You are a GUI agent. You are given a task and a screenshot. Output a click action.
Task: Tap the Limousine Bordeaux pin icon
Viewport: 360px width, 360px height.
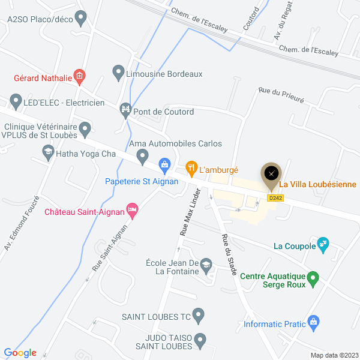(x=118, y=73)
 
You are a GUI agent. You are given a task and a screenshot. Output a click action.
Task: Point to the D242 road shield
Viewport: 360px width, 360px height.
(x=275, y=197)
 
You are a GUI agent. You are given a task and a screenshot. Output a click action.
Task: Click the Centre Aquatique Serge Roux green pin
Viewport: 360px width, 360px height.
(x=313, y=278)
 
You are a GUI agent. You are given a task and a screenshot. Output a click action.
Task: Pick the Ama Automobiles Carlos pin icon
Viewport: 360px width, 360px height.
(x=143, y=157)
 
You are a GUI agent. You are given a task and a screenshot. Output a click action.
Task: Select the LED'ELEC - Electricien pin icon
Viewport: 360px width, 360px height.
(x=16, y=101)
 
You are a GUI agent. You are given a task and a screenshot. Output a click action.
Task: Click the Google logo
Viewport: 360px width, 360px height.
(x=20, y=352)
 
